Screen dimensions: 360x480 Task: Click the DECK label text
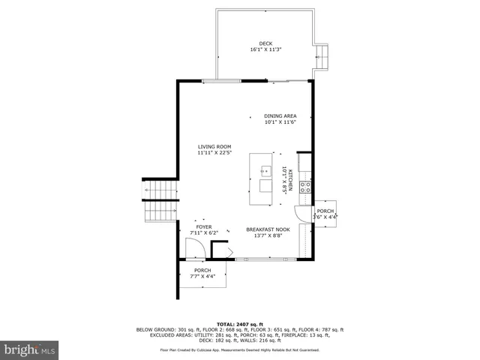pyautogui.click(x=265, y=43)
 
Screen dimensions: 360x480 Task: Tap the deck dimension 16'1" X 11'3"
pyautogui.click(x=265, y=49)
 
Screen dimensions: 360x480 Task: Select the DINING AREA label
pyautogui.click(x=280, y=116)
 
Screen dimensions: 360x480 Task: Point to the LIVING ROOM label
pyautogui.click(x=214, y=147)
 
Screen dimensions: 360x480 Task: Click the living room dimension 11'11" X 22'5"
pyautogui.click(x=214, y=153)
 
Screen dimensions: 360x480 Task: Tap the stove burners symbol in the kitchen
pyautogui.click(x=305, y=187)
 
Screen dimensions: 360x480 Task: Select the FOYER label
pyautogui.click(x=203, y=226)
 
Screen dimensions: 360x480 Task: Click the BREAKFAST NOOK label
pyautogui.click(x=266, y=229)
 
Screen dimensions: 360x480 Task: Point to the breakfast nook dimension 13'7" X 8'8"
pyautogui.click(x=266, y=235)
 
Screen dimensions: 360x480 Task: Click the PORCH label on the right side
pyautogui.click(x=325, y=211)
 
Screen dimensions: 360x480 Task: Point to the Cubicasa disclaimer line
pyautogui.click(x=239, y=349)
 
